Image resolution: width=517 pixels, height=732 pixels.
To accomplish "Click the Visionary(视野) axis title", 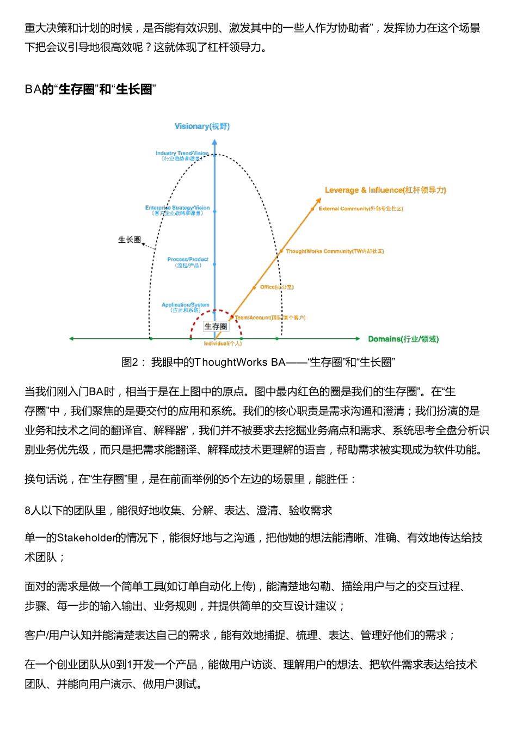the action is (x=202, y=126).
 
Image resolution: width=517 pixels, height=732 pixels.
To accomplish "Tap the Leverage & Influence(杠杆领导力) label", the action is (x=385, y=190).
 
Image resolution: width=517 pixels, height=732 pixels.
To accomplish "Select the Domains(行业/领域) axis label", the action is (x=403, y=339).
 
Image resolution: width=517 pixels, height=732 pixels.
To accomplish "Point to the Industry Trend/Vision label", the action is (x=182, y=156).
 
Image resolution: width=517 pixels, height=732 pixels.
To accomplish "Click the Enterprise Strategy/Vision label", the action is (x=177, y=210).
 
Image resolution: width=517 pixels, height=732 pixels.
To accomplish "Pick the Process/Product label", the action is (x=188, y=262).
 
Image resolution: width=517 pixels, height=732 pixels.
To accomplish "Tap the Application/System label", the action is (x=185, y=307).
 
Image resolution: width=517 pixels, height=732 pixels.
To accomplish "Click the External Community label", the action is (x=360, y=208).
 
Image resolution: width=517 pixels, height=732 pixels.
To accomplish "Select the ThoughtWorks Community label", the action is (x=335, y=251).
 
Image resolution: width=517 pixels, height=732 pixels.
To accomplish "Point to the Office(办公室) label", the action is (x=276, y=287).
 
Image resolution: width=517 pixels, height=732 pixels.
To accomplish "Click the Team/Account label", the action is (x=270, y=317).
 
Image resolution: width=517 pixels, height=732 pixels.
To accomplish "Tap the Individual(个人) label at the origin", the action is (x=223, y=343).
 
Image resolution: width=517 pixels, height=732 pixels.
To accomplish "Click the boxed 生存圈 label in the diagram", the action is (x=216, y=327).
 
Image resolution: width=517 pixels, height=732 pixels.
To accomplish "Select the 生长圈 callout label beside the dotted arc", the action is (x=130, y=239).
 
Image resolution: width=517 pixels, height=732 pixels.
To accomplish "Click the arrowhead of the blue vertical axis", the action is (x=214, y=143).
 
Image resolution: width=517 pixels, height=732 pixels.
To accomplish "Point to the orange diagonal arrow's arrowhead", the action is (x=319, y=201).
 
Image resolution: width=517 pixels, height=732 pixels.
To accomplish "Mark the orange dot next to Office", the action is (x=254, y=287).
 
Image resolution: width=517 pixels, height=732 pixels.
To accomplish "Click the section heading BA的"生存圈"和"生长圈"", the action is (x=90, y=89).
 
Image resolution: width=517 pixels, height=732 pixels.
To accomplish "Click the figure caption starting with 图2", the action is (x=258, y=362).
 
